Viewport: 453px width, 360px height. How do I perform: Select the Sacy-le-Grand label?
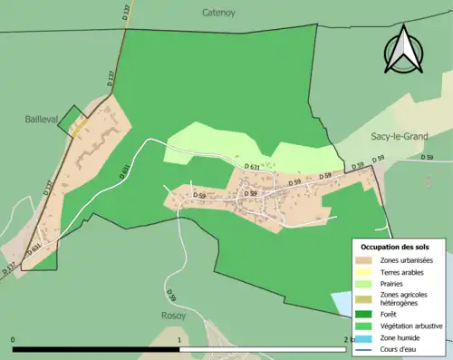[x=400, y=136]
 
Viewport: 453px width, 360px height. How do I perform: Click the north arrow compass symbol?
[x=403, y=50]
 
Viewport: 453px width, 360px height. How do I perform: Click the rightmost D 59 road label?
[x=427, y=158]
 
